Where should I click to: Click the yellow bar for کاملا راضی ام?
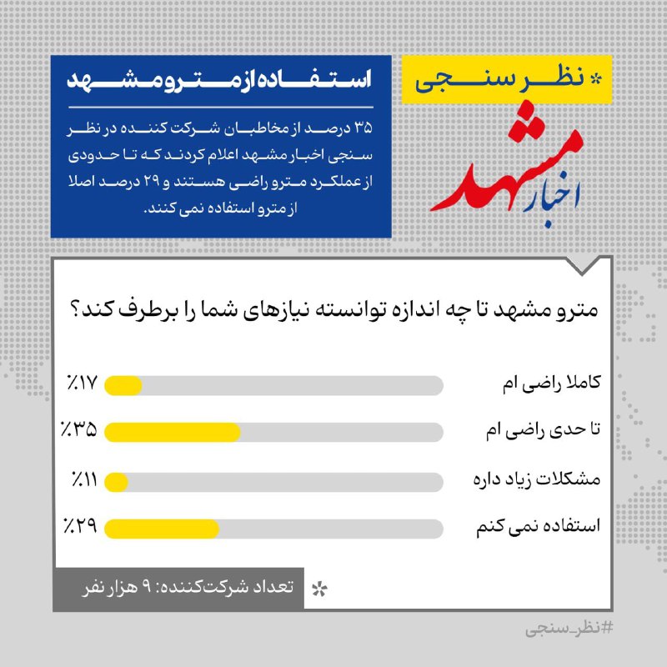click(x=124, y=386)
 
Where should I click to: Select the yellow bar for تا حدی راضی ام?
click(x=173, y=432)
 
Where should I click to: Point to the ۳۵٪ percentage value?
click(x=78, y=431)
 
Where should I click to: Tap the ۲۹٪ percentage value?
click(x=79, y=527)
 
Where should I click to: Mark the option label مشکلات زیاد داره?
click(x=550, y=480)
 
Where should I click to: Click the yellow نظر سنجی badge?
click(x=507, y=79)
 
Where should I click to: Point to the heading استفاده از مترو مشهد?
click(x=218, y=83)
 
